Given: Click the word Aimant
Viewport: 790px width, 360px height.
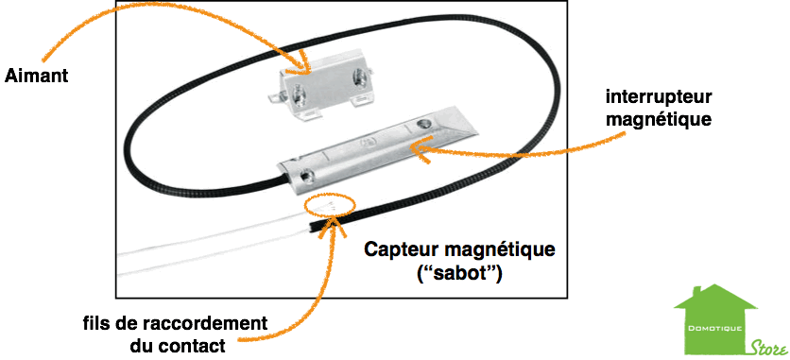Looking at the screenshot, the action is pyautogui.click(x=36, y=77).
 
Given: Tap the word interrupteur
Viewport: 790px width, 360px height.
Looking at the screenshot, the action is pyautogui.click(x=659, y=96).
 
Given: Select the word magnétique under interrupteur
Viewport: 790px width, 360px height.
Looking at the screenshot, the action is pyautogui.click(x=659, y=120).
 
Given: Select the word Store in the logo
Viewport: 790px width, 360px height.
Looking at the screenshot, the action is pyautogui.click(x=768, y=347).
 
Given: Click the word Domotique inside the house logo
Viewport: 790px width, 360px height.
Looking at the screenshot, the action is pyautogui.click(x=715, y=329).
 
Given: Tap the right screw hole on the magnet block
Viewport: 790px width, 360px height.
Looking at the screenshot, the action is pyautogui.click(x=361, y=75).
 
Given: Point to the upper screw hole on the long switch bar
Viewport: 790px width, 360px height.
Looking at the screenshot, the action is pyautogui.click(x=422, y=125).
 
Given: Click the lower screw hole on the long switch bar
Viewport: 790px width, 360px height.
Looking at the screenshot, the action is pyautogui.click(x=306, y=176).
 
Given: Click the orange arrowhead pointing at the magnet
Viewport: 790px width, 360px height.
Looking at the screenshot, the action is pyautogui.click(x=302, y=63).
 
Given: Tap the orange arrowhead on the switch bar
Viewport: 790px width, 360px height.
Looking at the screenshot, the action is pyautogui.click(x=421, y=148).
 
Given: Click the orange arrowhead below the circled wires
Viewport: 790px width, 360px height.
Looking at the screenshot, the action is pyautogui.click(x=335, y=227).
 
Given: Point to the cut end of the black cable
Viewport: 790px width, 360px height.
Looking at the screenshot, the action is pyautogui.click(x=309, y=228).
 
